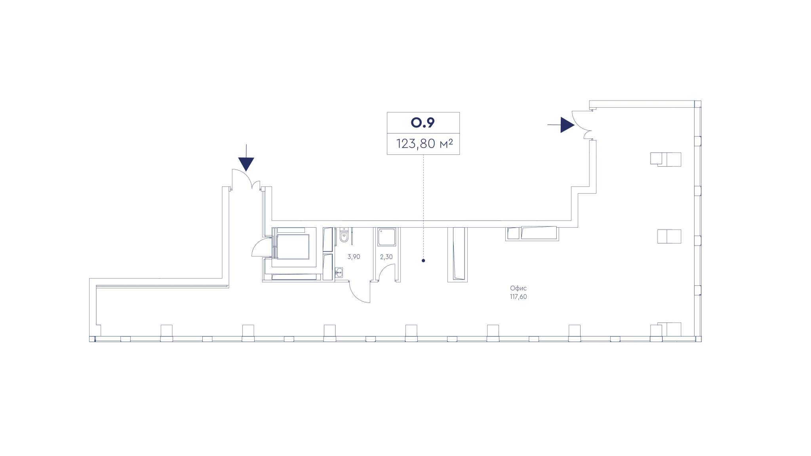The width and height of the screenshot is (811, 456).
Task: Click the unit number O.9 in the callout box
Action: [x=423, y=123]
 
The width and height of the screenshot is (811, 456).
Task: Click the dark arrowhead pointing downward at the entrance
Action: [x=246, y=164]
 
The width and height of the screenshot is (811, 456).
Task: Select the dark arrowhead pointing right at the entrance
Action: [x=567, y=125]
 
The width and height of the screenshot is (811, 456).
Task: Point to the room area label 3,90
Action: [x=354, y=257]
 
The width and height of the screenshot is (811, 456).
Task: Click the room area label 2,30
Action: [x=386, y=257]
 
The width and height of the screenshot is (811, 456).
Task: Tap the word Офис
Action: [x=518, y=288]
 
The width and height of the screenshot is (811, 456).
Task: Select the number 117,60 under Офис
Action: [x=518, y=297]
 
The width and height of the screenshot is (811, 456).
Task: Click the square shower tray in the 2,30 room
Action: [x=386, y=237]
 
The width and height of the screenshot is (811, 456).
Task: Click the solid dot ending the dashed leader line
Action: [x=423, y=260]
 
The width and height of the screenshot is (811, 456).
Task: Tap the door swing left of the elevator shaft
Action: [x=259, y=248]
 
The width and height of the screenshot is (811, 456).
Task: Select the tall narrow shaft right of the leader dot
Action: [x=458, y=254]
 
